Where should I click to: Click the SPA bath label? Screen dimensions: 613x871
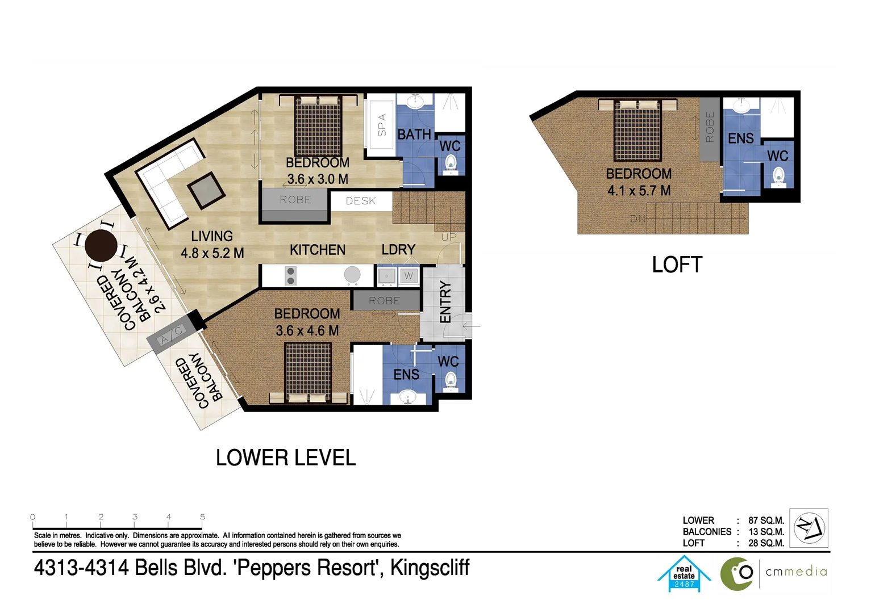(382, 125)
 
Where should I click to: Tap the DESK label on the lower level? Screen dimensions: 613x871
(361, 201)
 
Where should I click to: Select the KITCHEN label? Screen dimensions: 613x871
(317, 250)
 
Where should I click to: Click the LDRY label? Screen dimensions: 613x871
(398, 250)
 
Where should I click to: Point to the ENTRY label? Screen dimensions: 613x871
(445, 302)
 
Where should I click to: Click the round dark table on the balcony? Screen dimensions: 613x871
(101, 245)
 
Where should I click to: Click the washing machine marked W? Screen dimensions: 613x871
(408, 276)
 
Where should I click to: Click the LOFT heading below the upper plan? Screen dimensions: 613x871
(677, 265)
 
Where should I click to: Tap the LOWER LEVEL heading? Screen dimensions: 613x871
(286, 457)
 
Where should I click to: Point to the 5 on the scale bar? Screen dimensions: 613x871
(202, 517)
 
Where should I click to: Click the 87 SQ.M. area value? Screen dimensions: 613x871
(766, 520)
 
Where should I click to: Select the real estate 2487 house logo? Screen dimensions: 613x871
(684, 574)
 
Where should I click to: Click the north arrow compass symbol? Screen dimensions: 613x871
(809, 528)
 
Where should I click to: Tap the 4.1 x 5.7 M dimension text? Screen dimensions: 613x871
(639, 191)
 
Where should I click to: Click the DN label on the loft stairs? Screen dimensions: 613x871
(637, 219)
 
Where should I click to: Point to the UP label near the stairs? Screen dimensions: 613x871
(448, 237)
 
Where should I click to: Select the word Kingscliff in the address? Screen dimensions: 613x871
(430, 568)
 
